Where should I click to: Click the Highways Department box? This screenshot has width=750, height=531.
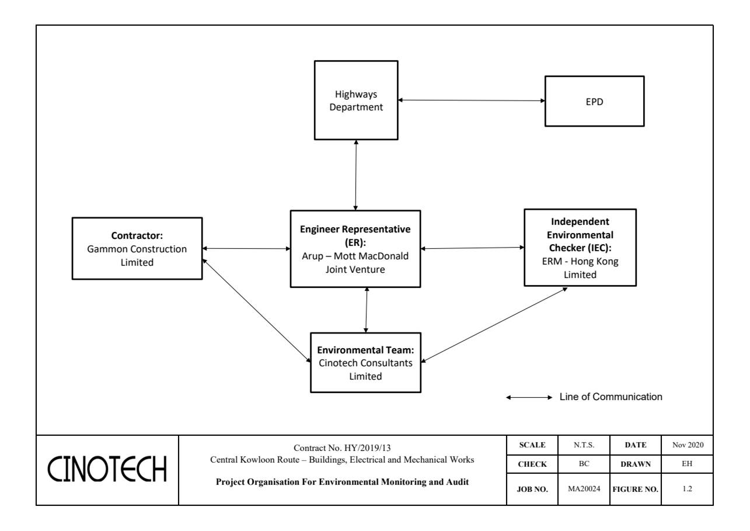click(x=356, y=100)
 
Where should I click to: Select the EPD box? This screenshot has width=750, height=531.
click(x=594, y=101)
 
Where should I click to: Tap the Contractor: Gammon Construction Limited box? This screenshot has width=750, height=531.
click(x=137, y=248)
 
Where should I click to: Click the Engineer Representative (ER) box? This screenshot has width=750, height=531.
click(x=355, y=249)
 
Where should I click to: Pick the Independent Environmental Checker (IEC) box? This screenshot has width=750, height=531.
click(x=580, y=248)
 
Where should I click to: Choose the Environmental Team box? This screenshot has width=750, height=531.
click(x=365, y=362)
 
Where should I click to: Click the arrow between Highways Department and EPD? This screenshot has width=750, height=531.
click(x=472, y=100)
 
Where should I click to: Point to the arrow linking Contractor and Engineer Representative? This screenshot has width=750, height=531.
click(x=246, y=249)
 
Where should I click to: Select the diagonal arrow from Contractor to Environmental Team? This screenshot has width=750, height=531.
click(x=256, y=307)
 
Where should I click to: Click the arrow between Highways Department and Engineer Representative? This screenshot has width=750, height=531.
click(x=356, y=175)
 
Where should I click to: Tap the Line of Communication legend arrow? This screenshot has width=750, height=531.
click(x=529, y=398)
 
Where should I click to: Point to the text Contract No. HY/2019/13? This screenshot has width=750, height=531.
click(x=343, y=448)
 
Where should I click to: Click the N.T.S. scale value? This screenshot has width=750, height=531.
click(x=584, y=445)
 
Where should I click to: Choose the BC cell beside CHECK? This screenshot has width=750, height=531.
click(x=584, y=464)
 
